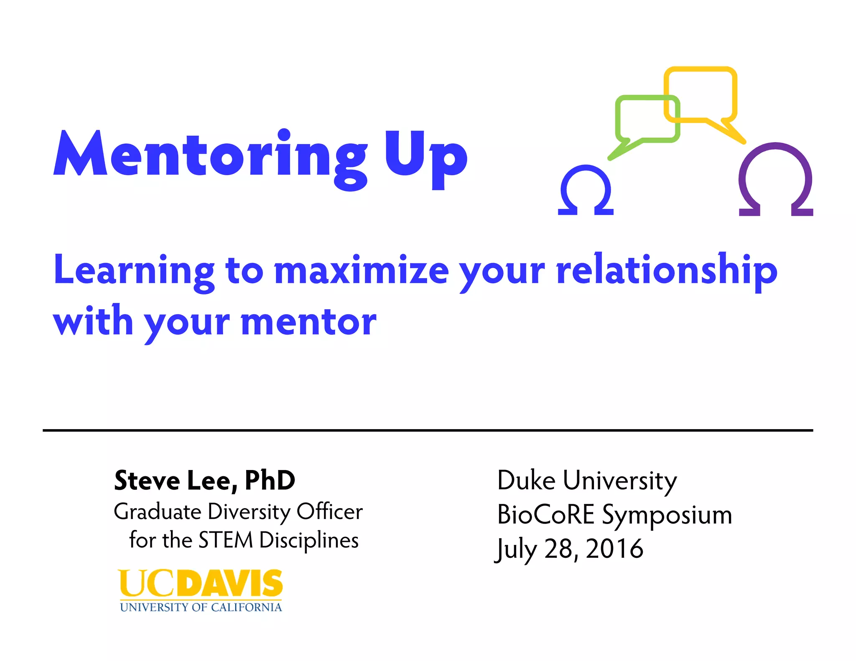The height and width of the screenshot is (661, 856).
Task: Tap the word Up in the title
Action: point(425,157)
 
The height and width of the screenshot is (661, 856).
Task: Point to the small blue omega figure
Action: point(586,191)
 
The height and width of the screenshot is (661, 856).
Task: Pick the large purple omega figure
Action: point(776,180)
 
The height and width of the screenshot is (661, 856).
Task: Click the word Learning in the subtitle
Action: point(134,271)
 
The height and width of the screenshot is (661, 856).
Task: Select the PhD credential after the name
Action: point(270,480)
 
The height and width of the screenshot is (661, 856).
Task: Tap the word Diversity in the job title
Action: point(249,511)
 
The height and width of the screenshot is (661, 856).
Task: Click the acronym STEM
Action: point(226,540)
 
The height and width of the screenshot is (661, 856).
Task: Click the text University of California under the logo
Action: point(201,607)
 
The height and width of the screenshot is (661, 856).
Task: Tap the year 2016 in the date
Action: point(614,549)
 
